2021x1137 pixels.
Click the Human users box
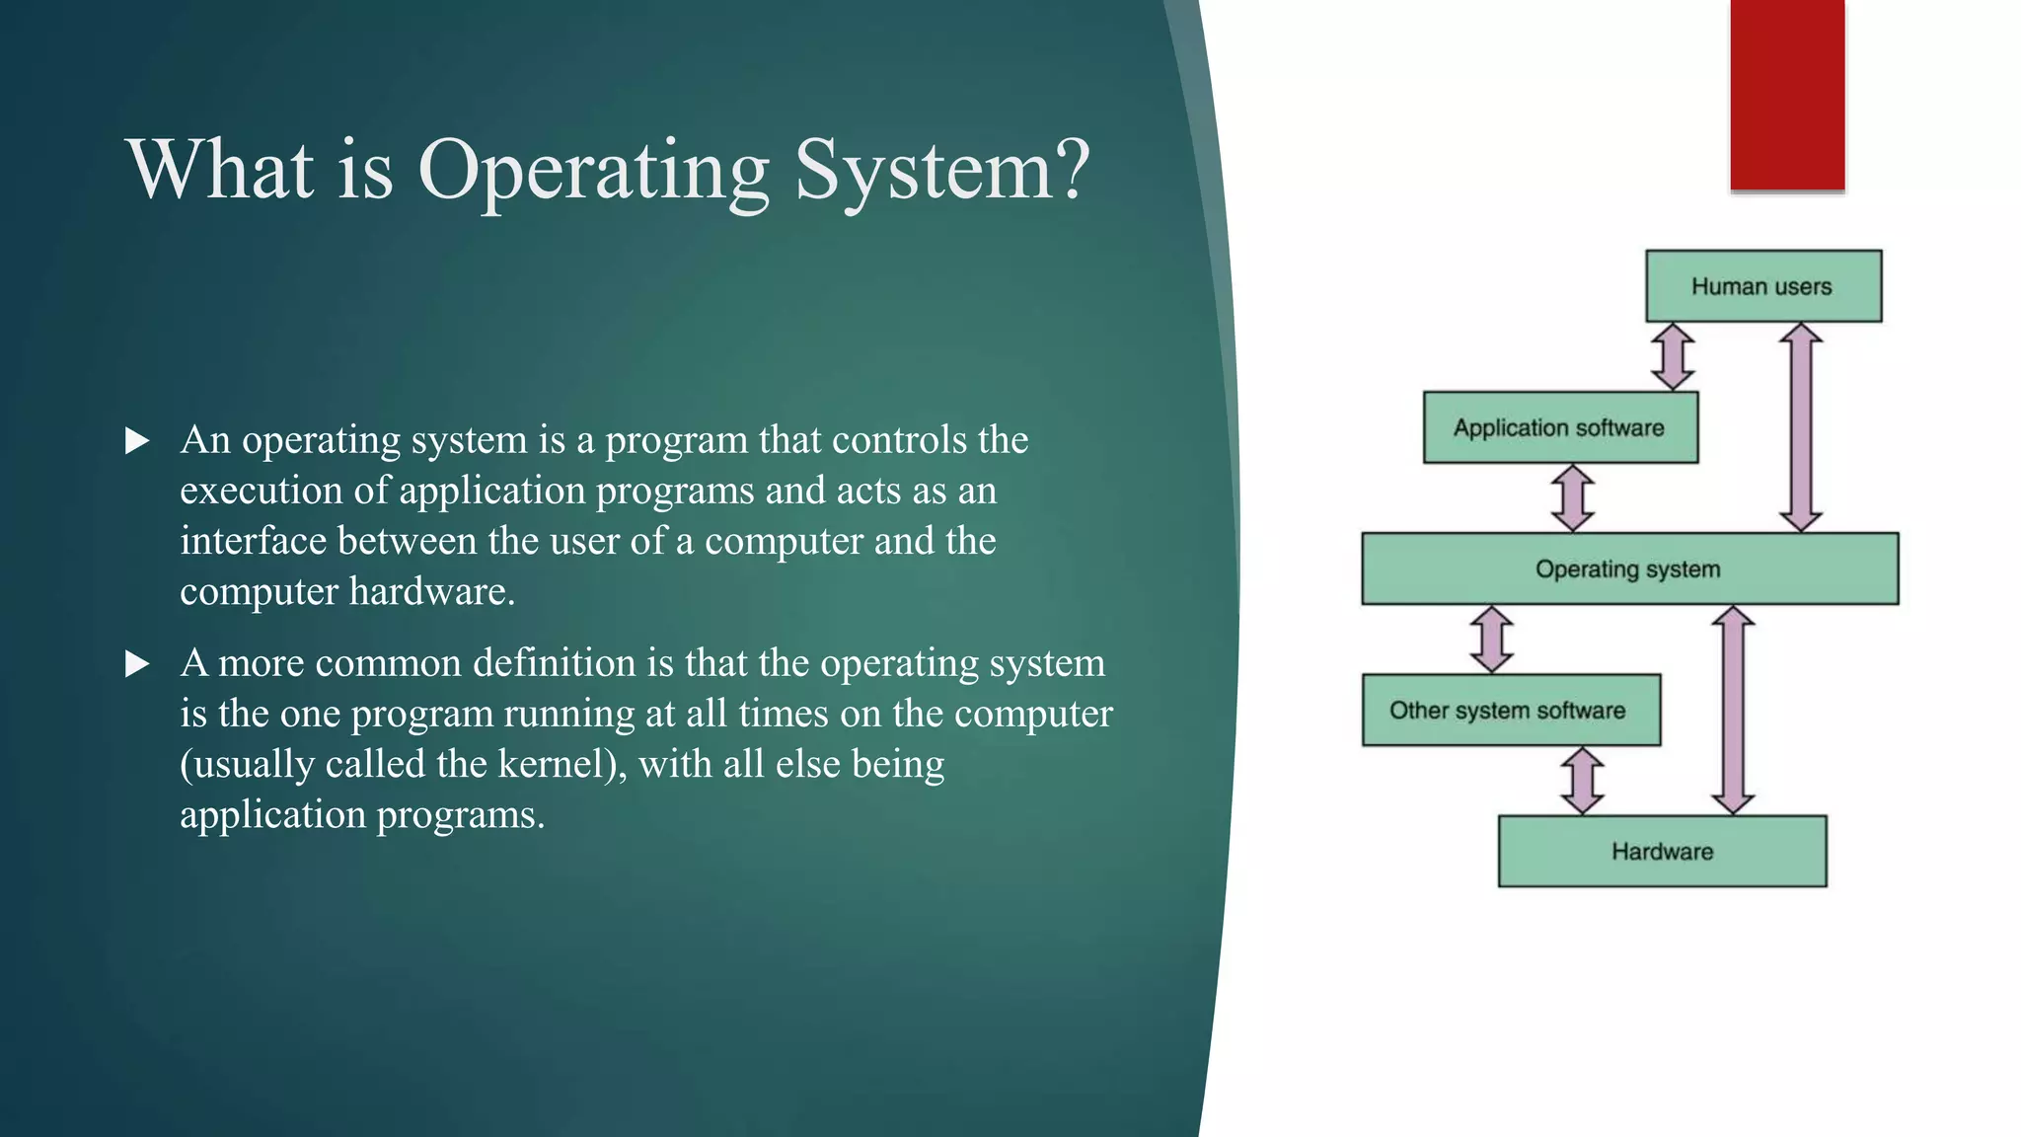[1762, 286]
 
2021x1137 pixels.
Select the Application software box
[1559, 427]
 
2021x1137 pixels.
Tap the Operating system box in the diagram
[1628, 568]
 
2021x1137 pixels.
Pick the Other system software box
[1510, 710]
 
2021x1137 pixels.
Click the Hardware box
[1662, 851]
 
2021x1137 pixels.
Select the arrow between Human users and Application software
[1673, 356]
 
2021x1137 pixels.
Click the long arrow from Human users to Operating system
[1800, 427]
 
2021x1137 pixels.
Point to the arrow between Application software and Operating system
[1572, 497]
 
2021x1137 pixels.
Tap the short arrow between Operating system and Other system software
[1491, 639]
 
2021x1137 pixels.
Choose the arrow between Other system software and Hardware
[1582, 780]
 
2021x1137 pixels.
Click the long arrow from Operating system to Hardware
[1733, 710]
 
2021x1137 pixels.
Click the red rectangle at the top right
[1787, 94]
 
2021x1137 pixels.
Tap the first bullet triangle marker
[137, 441]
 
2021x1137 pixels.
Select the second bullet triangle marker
[137, 664]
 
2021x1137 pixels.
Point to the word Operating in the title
[593, 170]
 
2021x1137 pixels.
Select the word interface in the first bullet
[253, 541]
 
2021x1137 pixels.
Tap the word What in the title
[220, 170]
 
